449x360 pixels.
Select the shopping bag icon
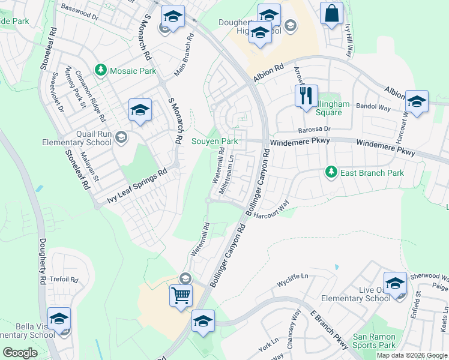pyautogui.click(x=331, y=13)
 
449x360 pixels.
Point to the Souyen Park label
pyautogui.click(x=214, y=142)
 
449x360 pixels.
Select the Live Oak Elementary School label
pyautogui.click(x=355, y=293)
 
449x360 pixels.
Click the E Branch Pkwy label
pyautogui.click(x=328, y=330)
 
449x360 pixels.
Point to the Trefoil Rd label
pyautogui.click(x=65, y=280)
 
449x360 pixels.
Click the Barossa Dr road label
pyautogui.click(x=315, y=129)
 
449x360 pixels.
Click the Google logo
pyautogui.click(x=20, y=352)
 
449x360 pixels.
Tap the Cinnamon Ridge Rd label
pyautogui.click(x=90, y=95)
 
